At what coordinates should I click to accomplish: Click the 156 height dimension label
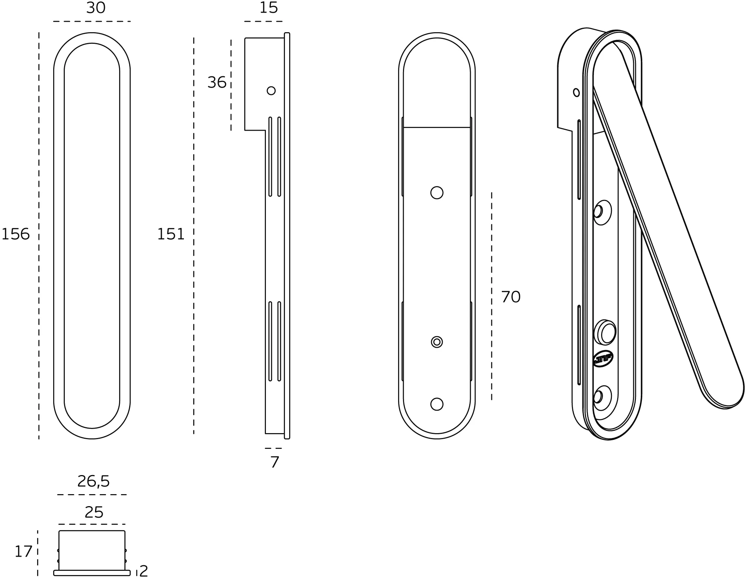coord(15,234)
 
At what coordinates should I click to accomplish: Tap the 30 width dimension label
coord(96,8)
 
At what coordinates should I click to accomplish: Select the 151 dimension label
coord(171,234)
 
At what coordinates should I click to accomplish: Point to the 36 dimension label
coord(217,82)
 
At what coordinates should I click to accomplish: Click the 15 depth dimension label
coord(269,8)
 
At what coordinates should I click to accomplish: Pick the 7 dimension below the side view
coord(275,462)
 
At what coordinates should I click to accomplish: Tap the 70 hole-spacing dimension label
coord(511,297)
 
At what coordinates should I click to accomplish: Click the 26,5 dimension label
coord(94,481)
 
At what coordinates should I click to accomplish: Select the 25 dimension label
coord(94,512)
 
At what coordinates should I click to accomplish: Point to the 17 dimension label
coord(24,552)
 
